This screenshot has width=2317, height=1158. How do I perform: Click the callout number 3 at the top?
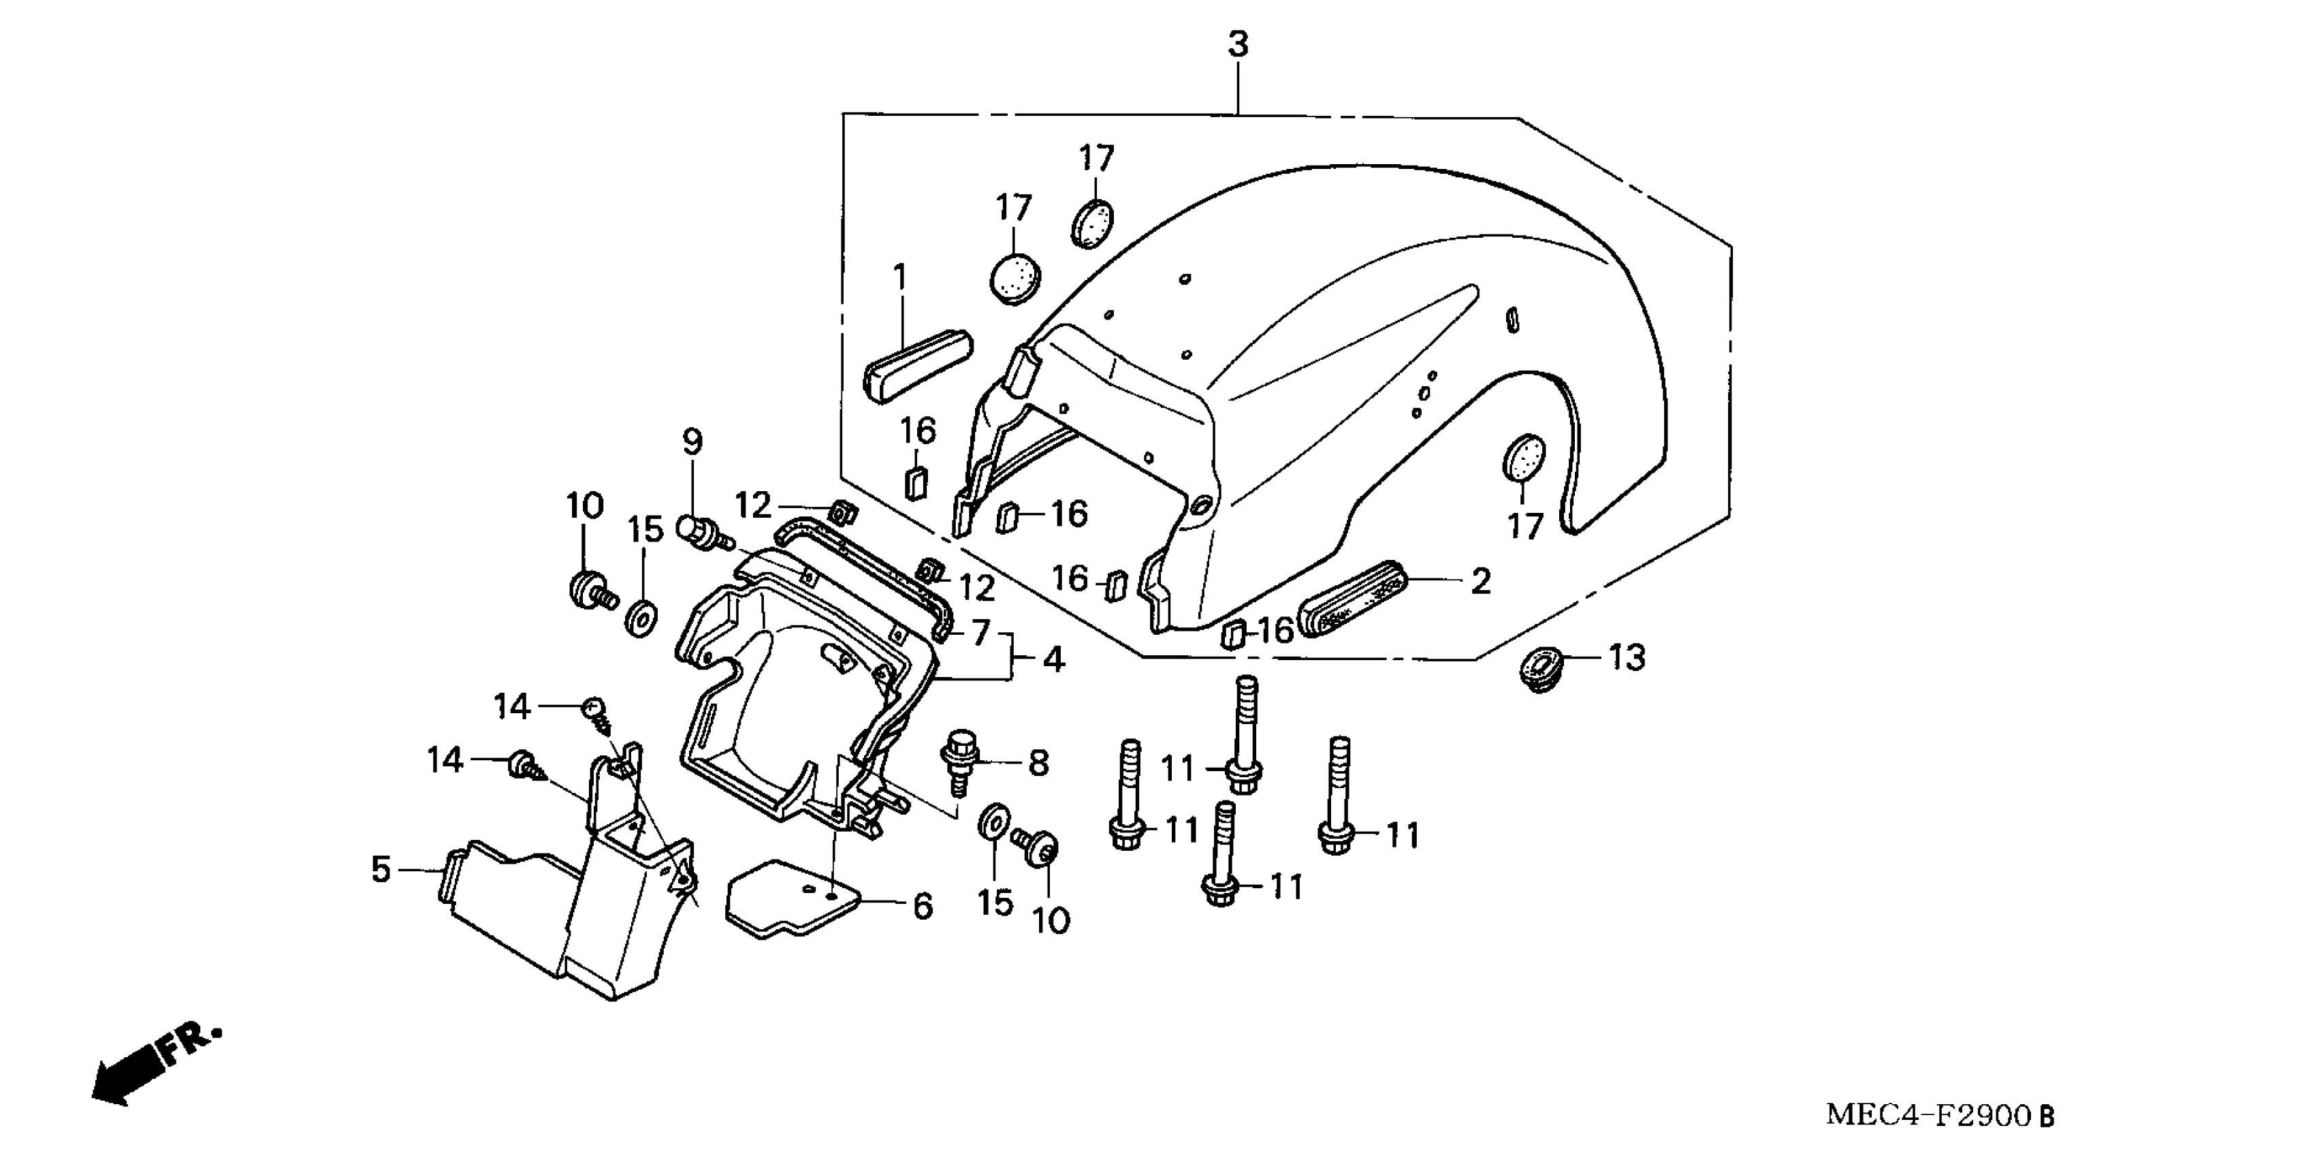click(x=1239, y=44)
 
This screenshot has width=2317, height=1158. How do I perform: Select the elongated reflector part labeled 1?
click(x=917, y=365)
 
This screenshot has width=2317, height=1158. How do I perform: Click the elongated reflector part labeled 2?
click(x=1353, y=600)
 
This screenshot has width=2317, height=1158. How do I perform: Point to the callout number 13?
click(x=1626, y=659)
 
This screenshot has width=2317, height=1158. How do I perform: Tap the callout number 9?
click(x=692, y=442)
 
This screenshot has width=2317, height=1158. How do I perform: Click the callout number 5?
click(x=381, y=870)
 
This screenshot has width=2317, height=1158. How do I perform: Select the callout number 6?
click(x=922, y=906)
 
